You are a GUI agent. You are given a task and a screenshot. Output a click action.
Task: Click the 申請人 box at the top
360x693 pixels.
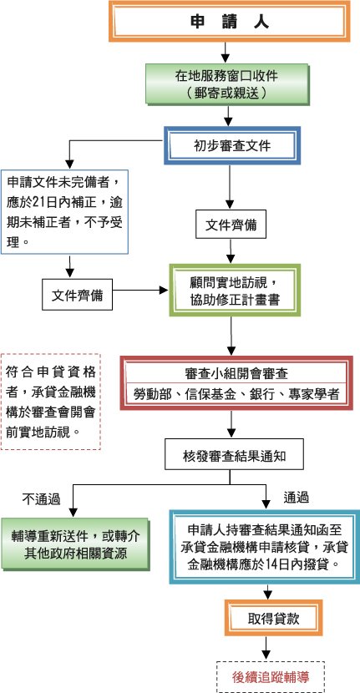[x=229, y=21]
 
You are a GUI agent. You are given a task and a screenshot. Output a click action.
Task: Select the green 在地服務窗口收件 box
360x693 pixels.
[x=228, y=84]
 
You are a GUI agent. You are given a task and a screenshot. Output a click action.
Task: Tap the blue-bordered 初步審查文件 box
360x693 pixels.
[x=232, y=145]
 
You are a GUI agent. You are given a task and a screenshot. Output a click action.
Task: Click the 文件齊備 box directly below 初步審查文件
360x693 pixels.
[x=231, y=225]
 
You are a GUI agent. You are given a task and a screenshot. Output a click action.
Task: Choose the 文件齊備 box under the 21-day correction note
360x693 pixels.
[x=78, y=295]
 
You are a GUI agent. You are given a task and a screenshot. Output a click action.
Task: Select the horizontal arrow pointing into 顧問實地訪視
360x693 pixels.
[x=140, y=291]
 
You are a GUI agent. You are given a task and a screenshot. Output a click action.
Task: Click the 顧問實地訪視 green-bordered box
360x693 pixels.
[x=235, y=290]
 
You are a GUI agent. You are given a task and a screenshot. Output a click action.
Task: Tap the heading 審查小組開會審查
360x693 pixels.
[x=236, y=374]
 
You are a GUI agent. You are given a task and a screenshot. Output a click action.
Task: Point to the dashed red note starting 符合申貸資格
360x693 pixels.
[x=51, y=402]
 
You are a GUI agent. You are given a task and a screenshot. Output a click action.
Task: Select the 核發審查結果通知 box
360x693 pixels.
[x=234, y=454]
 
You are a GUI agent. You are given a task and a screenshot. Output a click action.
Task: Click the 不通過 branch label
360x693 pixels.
[x=41, y=499]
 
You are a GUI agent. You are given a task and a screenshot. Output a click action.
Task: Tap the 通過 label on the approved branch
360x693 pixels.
[x=296, y=498]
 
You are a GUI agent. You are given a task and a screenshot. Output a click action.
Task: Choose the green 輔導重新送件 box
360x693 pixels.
[x=76, y=544]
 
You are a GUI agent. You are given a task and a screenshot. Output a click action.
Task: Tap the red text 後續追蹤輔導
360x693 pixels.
[x=271, y=676]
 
